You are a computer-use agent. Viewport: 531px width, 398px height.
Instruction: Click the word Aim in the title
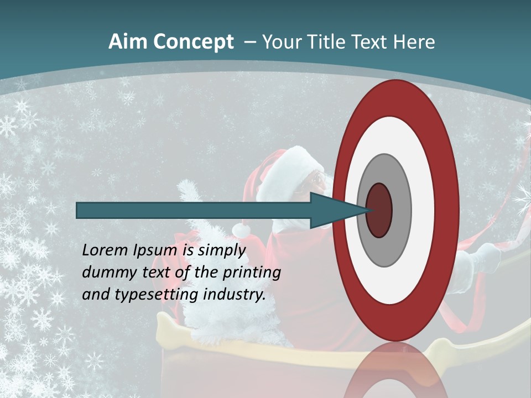coord(127,42)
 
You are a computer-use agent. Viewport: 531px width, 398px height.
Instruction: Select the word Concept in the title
coord(194,43)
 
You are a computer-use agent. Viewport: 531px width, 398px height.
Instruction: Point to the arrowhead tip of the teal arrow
coord(369,210)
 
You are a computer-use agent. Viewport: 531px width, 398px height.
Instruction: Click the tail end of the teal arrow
coord(78,210)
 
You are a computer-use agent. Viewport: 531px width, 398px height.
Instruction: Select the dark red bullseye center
coord(379,210)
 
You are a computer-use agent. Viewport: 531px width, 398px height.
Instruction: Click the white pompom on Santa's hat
coord(242,229)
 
